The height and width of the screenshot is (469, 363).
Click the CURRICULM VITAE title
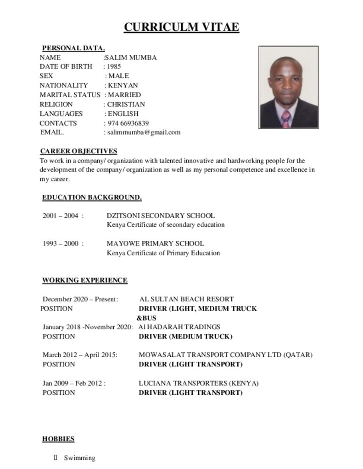(x=181, y=27)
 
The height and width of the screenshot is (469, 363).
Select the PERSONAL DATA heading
(x=73, y=48)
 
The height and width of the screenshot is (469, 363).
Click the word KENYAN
(x=123, y=85)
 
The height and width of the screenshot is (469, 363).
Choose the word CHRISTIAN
(x=126, y=104)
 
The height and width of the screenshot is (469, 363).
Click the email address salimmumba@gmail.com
(x=144, y=132)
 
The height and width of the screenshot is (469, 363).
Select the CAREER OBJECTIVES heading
(x=78, y=151)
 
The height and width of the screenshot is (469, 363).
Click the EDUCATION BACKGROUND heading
(x=92, y=197)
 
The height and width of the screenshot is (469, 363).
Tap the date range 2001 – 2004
(x=61, y=216)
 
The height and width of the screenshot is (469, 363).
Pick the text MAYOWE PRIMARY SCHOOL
(x=155, y=244)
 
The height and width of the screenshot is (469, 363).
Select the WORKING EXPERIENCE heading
(x=85, y=280)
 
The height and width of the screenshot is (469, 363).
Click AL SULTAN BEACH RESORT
(x=186, y=299)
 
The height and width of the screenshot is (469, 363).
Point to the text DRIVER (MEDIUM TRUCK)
(x=185, y=337)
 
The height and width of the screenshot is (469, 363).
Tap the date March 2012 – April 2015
(x=80, y=355)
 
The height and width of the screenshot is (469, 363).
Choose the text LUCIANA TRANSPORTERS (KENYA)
(x=199, y=383)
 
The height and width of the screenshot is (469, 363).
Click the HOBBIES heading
(x=58, y=439)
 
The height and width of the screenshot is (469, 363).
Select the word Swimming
(x=79, y=458)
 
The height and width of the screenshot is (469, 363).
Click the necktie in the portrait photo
(x=286, y=118)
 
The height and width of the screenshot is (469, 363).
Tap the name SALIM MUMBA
(x=131, y=57)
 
